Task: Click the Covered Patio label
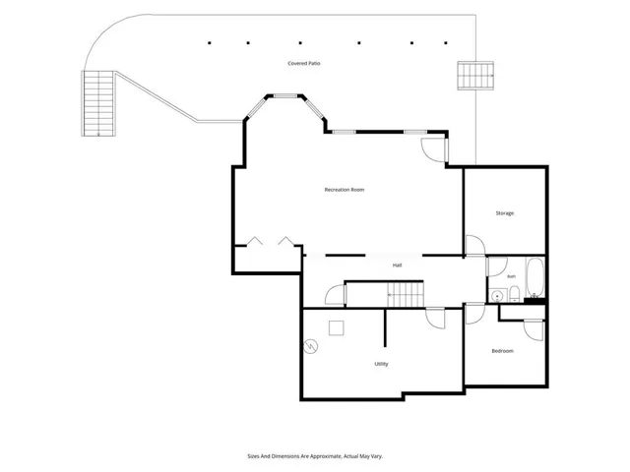(x=304, y=63)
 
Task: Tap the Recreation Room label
(x=345, y=190)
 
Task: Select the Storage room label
(x=505, y=213)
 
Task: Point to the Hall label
(x=397, y=265)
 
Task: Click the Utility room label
(x=381, y=364)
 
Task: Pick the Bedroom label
(x=502, y=351)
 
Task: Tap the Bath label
(x=511, y=276)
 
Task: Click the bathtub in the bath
(x=535, y=277)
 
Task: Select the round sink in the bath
(x=497, y=297)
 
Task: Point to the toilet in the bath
(x=514, y=294)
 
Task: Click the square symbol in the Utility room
(x=337, y=327)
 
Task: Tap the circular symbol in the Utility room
(x=311, y=346)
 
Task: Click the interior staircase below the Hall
(x=405, y=294)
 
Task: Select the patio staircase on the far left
(x=98, y=103)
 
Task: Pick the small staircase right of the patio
(x=475, y=76)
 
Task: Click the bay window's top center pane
(x=285, y=96)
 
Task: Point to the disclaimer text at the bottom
(x=315, y=456)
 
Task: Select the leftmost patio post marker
(x=210, y=42)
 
